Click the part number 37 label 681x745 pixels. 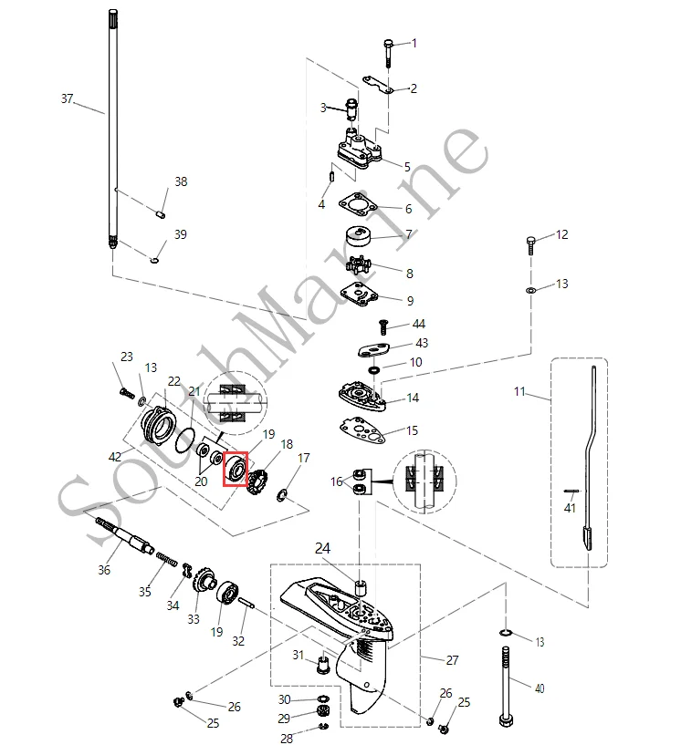point(67,98)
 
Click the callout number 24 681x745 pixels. point(323,549)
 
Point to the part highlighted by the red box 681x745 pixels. point(236,471)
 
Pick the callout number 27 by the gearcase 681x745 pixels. point(452,660)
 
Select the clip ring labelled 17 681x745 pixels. point(284,494)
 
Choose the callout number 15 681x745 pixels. point(413,430)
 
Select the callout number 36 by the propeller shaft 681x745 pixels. point(104,570)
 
